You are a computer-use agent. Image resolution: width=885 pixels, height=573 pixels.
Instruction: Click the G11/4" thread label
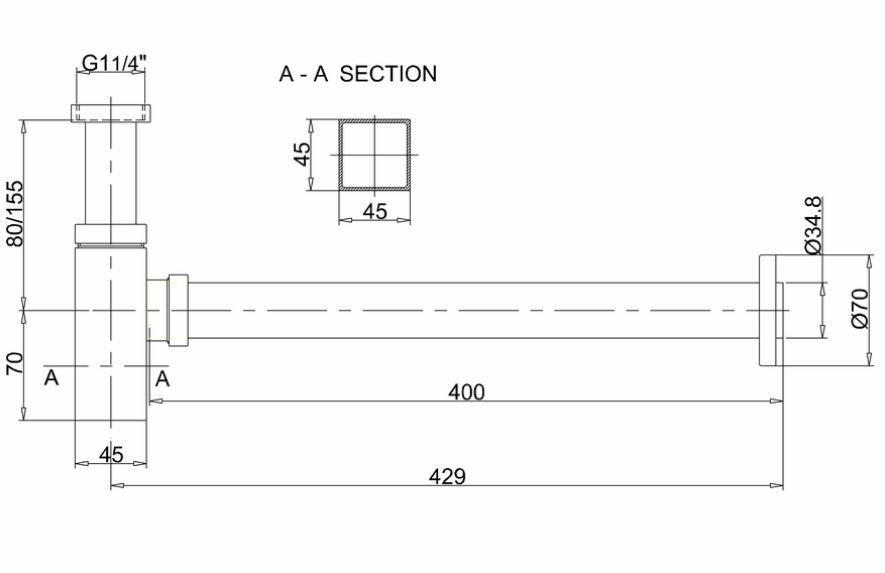coord(113,62)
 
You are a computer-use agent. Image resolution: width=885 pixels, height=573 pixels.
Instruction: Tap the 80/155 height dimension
coord(14,213)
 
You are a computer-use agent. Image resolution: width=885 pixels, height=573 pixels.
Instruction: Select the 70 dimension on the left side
coord(14,363)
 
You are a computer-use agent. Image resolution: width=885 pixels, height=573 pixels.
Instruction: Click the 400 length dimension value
coord(466,392)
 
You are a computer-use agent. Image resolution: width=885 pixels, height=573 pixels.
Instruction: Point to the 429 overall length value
coord(447,476)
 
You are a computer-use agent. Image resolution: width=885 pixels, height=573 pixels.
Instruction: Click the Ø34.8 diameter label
coord(813,225)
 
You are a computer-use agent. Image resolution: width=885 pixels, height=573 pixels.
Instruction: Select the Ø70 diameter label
coord(859,308)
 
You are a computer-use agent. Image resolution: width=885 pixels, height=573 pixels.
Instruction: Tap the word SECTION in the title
coord(388,74)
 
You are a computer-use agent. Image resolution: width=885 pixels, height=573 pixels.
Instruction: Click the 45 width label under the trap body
coord(111,454)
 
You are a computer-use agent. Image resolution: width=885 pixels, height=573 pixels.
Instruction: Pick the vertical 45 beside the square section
coord(303,154)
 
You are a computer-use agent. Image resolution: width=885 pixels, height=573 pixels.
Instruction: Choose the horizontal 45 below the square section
coord(375,211)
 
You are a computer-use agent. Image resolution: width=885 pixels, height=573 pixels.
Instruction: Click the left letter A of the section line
coord(51,377)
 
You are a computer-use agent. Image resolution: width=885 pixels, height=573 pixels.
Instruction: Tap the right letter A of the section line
coord(162,378)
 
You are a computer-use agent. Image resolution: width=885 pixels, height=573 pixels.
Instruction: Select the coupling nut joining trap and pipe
coord(178,309)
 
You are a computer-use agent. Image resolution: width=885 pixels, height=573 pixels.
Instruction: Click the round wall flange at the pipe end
coord(768,310)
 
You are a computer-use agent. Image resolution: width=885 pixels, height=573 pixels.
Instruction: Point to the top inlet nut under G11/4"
coord(111,113)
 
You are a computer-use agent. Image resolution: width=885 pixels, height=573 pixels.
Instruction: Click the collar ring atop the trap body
coord(111,234)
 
